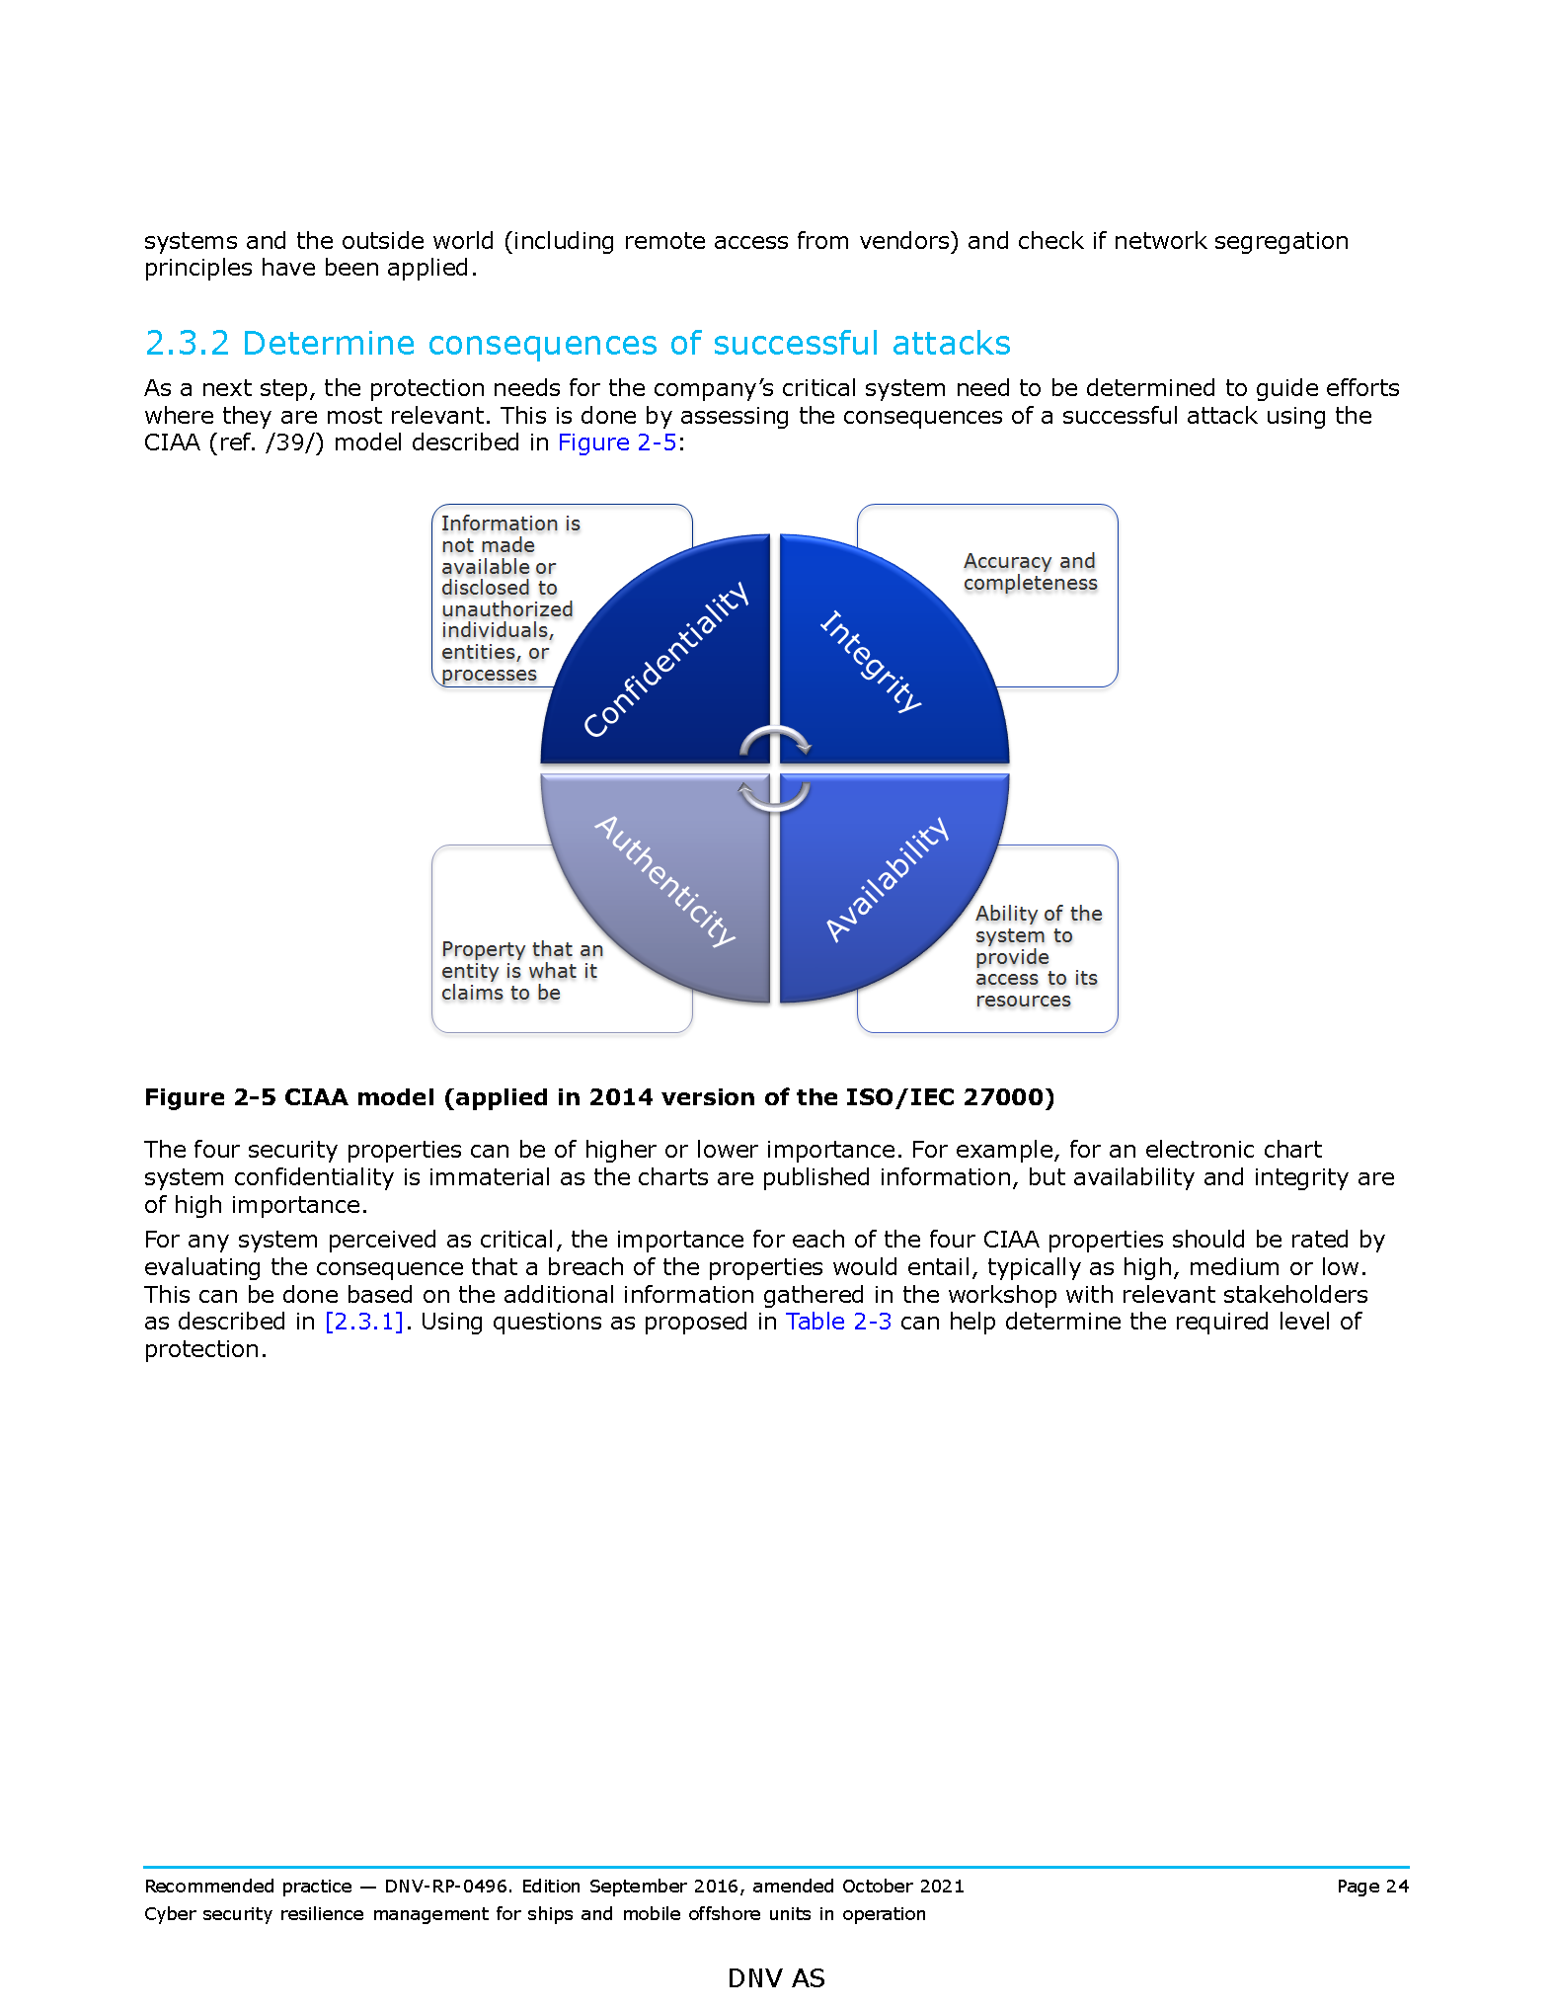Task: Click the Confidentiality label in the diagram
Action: click(666, 660)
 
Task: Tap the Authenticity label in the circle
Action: click(665, 880)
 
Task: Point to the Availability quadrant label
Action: click(887, 879)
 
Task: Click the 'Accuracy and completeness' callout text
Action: click(1029, 572)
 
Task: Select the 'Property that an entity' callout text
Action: click(521, 971)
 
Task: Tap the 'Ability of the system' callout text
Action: click(1037, 956)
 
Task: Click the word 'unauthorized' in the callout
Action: click(506, 609)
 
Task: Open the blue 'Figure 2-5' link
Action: click(617, 442)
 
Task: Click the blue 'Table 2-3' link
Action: click(838, 1322)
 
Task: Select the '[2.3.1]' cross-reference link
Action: click(364, 1322)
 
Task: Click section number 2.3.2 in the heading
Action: click(187, 343)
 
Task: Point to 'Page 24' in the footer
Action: click(1372, 1886)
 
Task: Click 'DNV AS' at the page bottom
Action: click(776, 1978)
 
